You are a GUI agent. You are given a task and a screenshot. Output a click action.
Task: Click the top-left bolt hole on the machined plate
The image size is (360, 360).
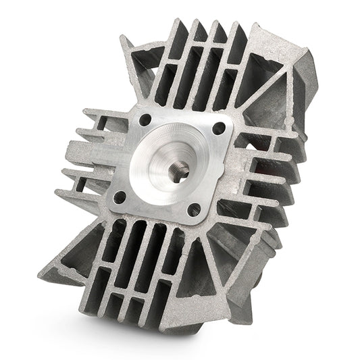(143, 120)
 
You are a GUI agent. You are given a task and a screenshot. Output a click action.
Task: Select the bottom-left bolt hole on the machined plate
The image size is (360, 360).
(120, 197)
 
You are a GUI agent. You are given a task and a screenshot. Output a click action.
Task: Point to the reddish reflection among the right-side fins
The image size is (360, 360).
(267, 169)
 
